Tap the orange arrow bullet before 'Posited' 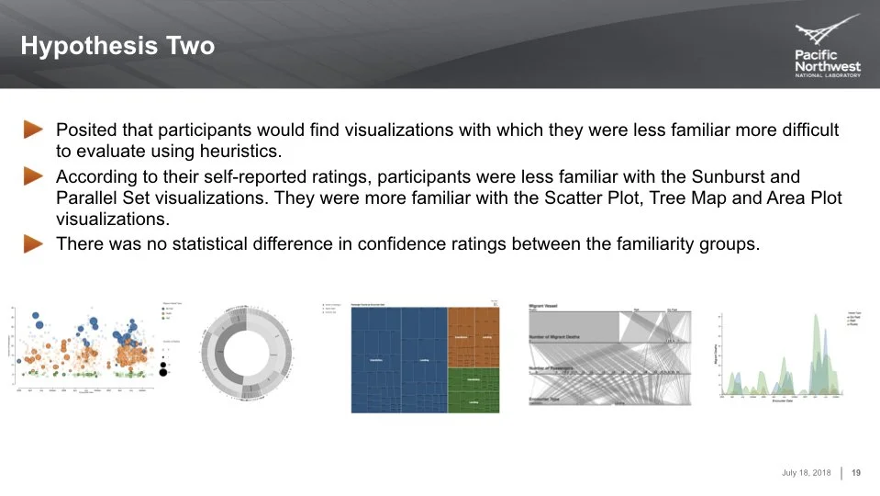click(x=34, y=130)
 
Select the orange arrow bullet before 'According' click(x=34, y=175)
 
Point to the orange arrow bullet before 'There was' click(x=34, y=243)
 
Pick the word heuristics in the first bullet click(x=237, y=152)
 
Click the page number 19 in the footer click(x=856, y=473)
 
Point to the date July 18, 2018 click(x=807, y=473)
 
